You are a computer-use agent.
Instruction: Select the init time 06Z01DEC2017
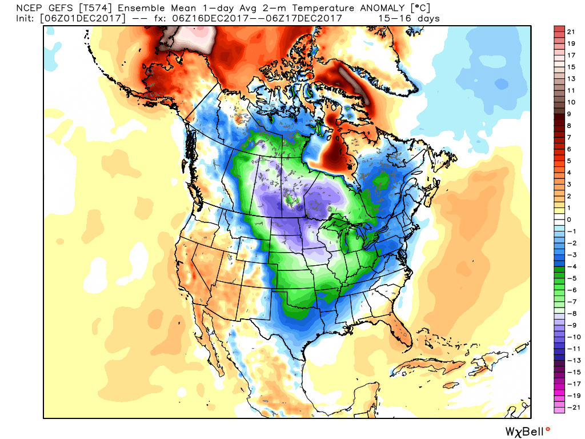point(83,18)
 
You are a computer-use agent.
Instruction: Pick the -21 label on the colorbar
point(568,407)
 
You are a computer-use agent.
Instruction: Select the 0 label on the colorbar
point(570,219)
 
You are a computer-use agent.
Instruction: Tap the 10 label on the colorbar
point(570,102)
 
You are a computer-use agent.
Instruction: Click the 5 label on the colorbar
point(570,161)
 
